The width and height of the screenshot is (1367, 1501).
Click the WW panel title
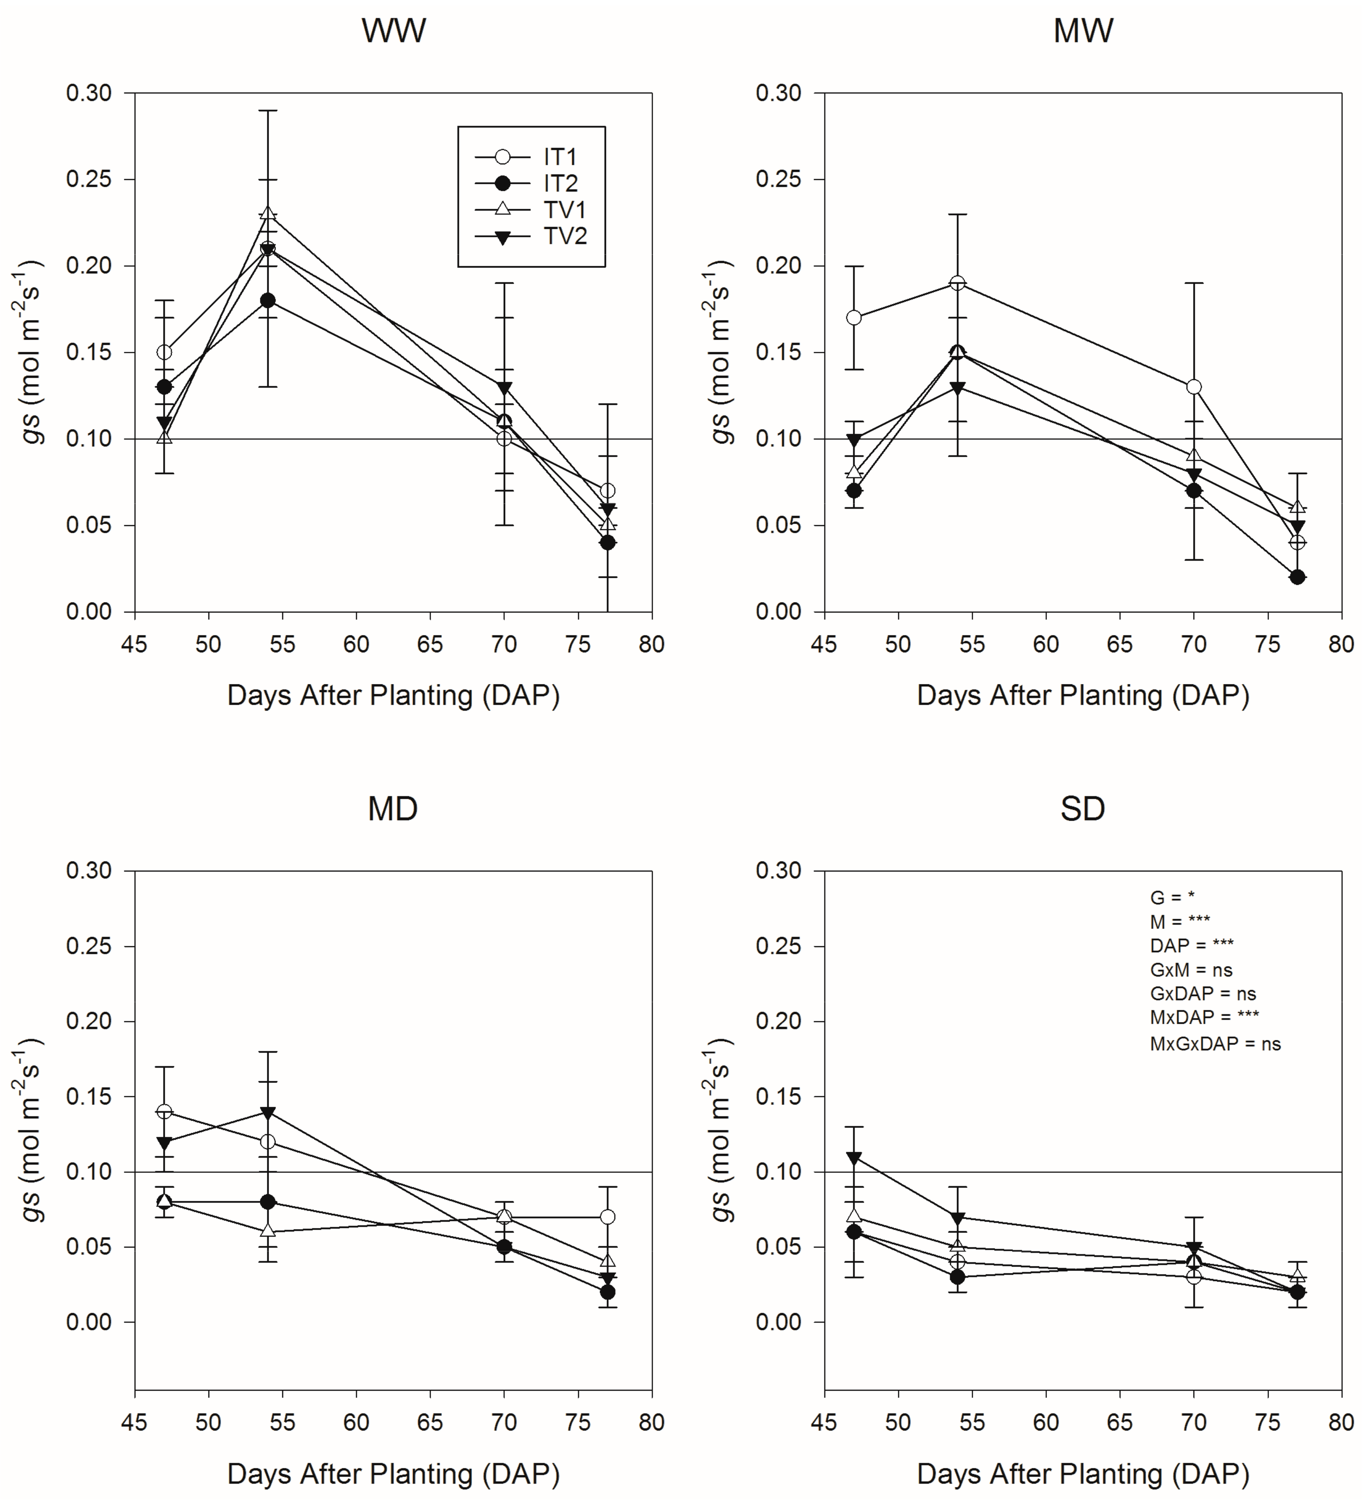[394, 31]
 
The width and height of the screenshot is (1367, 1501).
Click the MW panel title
[1083, 31]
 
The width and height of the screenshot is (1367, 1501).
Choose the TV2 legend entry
[531, 237]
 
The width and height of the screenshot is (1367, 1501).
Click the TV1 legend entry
[531, 210]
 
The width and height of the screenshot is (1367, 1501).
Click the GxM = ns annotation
[1191, 970]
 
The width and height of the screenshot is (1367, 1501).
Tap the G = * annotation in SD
[1173, 898]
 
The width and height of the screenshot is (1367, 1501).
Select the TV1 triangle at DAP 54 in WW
[268, 214]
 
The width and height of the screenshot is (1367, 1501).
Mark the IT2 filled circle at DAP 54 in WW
[268, 301]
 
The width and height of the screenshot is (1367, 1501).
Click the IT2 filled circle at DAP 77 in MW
[1297, 577]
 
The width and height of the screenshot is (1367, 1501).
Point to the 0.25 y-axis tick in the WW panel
[89, 180]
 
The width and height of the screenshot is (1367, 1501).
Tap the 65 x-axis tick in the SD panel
[1120, 1423]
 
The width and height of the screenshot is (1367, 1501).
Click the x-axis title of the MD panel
[393, 1473]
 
